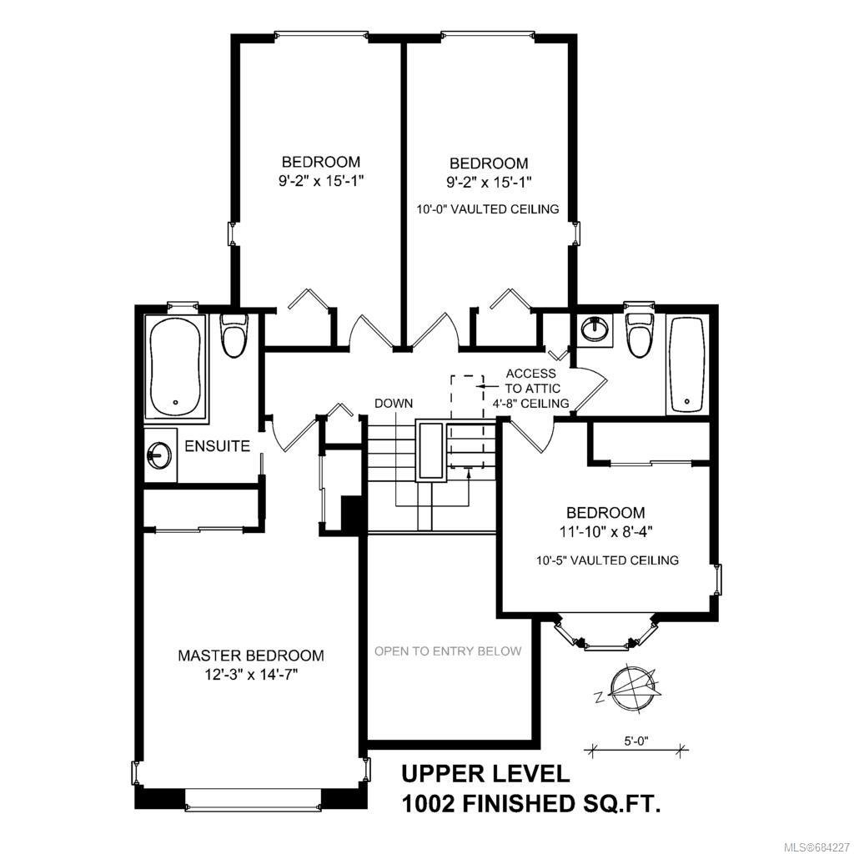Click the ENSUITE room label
(x=218, y=446)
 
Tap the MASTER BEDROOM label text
(x=251, y=656)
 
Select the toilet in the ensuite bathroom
(x=234, y=335)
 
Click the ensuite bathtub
(x=175, y=368)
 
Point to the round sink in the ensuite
(x=159, y=454)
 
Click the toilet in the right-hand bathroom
(x=640, y=334)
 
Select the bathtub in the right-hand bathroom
(x=687, y=365)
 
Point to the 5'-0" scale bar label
(x=635, y=741)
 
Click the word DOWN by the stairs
(x=394, y=404)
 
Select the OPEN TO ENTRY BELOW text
(x=448, y=651)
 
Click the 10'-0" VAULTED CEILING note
(x=488, y=209)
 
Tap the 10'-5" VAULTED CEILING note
(x=607, y=560)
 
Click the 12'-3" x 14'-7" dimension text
(x=251, y=675)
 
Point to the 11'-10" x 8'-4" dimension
(x=605, y=531)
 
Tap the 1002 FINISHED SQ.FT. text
(x=531, y=804)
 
